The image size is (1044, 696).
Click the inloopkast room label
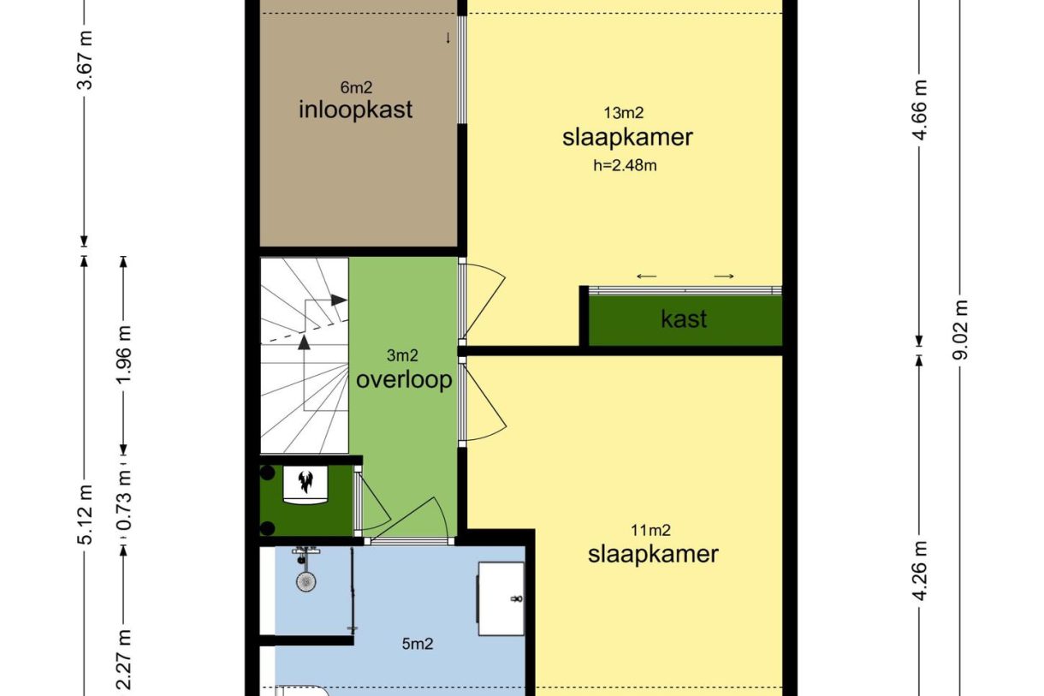(x=355, y=110)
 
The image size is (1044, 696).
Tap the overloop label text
(x=404, y=380)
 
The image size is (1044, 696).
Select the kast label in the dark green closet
(x=684, y=319)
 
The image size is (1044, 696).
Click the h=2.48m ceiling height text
(x=625, y=165)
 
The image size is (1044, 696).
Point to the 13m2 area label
(x=624, y=112)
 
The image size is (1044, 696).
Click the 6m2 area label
(x=356, y=86)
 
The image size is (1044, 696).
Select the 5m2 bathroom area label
(x=417, y=643)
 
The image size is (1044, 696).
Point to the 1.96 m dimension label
(x=125, y=353)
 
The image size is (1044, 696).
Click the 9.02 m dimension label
(x=961, y=330)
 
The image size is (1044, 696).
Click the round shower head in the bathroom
(x=305, y=581)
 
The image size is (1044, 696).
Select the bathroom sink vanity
(x=501, y=598)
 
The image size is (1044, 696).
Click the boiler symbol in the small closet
(x=305, y=482)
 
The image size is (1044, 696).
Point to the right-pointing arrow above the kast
(x=724, y=276)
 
